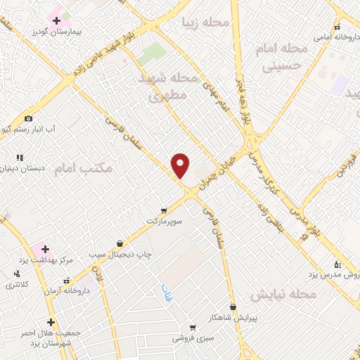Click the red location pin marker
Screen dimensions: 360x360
click(181, 165)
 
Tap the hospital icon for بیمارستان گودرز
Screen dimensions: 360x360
click(56, 20)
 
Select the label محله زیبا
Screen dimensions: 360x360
click(205, 22)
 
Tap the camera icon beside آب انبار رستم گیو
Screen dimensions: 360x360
click(29, 118)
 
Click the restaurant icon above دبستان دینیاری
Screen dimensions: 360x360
click(20, 157)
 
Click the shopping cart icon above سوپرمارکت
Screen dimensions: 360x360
click(164, 210)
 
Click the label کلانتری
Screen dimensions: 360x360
click(18, 285)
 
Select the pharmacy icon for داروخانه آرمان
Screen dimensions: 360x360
click(66, 280)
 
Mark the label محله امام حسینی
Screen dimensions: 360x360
click(285, 58)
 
